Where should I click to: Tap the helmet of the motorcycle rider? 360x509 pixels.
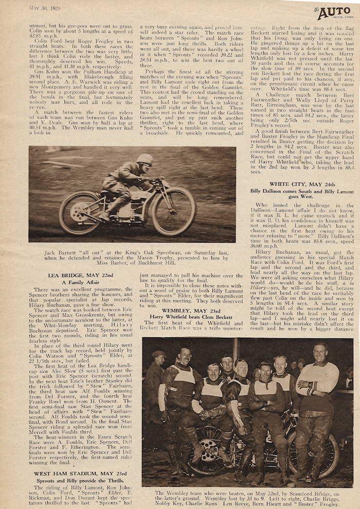(145, 159)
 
